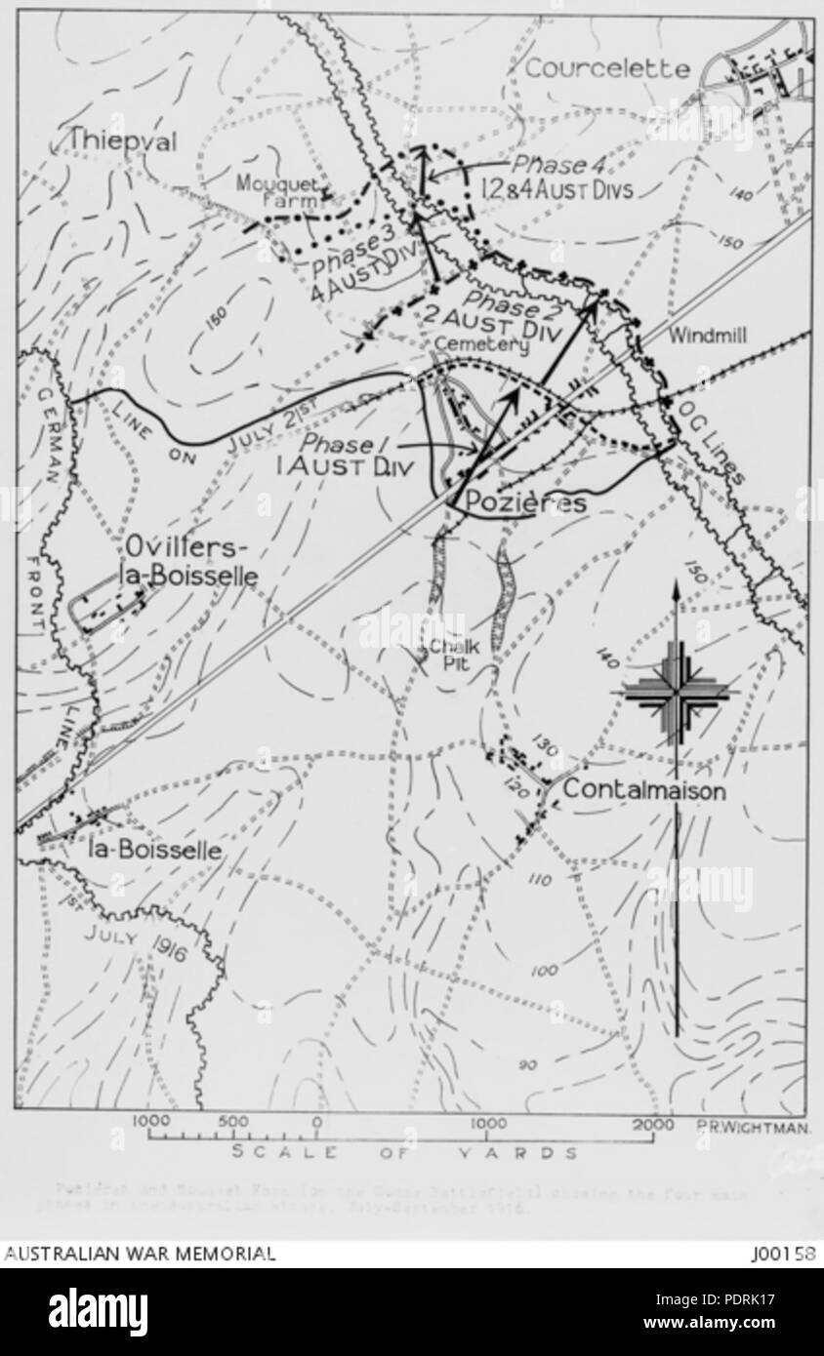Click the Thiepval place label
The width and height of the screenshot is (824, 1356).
pos(122,142)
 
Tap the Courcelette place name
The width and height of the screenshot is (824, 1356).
pos(607,70)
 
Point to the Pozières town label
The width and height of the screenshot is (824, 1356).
pos(527,503)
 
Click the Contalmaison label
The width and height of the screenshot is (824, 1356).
pos(644,791)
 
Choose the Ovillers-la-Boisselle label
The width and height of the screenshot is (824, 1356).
pos(190,561)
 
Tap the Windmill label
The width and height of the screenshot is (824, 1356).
pos(708,336)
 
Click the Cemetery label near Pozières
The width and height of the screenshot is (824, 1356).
pos(481,344)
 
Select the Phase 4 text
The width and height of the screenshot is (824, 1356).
pos(554,164)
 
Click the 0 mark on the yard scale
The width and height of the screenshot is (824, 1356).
pos(316,1123)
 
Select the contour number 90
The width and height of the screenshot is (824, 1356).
pos(527,1064)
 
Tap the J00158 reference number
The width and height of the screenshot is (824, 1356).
pos(783,1255)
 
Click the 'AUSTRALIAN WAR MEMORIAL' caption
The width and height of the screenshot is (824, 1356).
pos(140,1255)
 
